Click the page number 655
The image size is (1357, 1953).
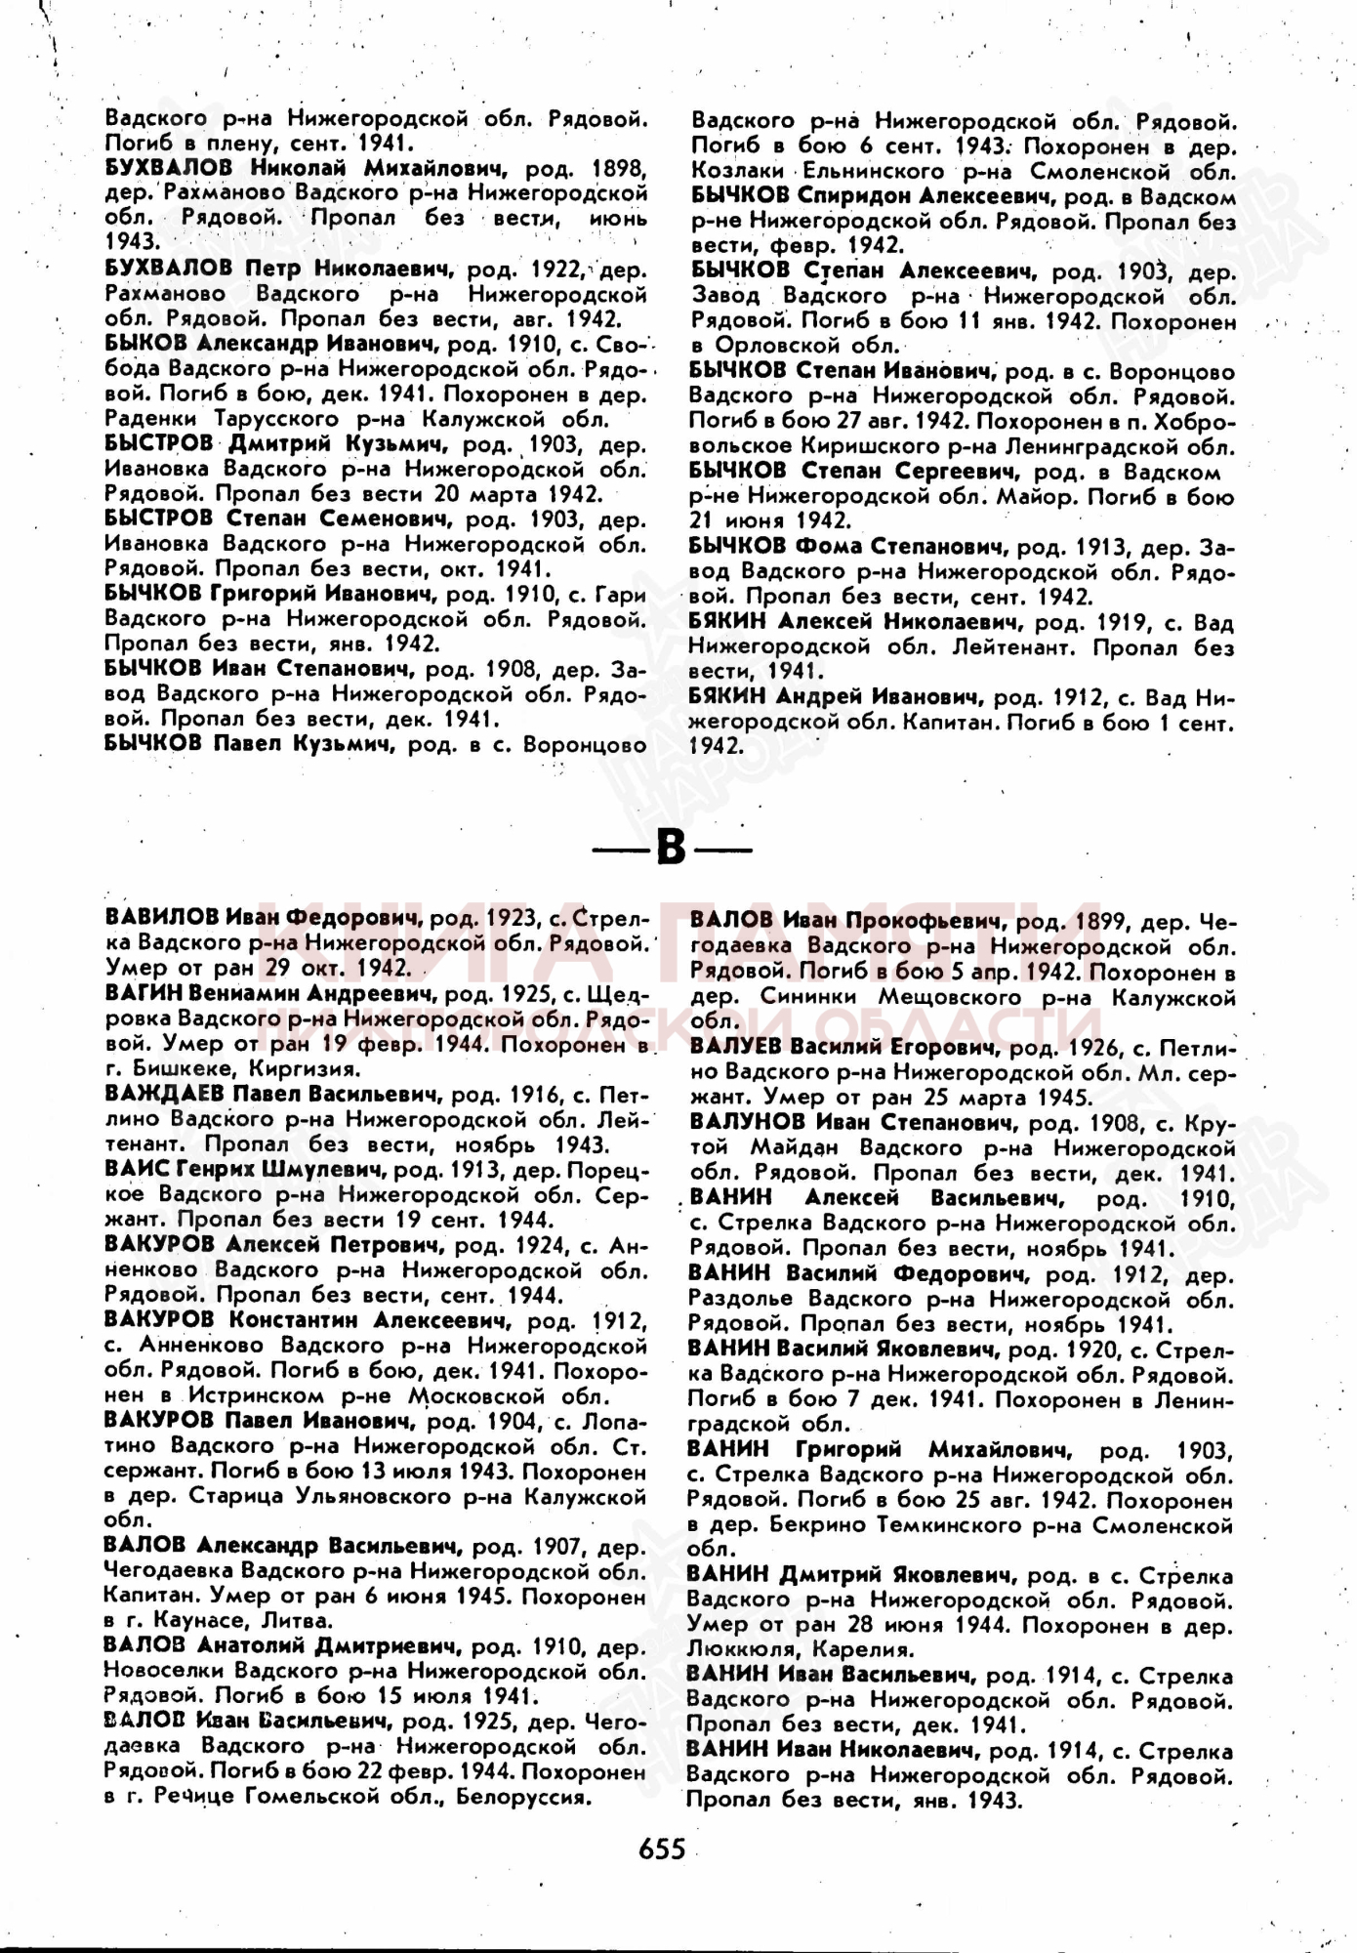(x=662, y=1849)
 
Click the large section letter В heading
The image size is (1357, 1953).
(x=672, y=847)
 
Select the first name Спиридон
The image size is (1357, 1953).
(x=854, y=195)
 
